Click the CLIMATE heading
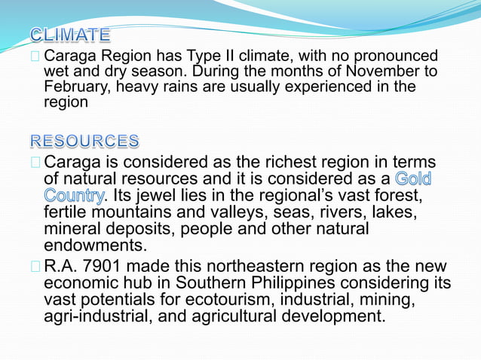tap(71, 35)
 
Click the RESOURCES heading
tap(84, 141)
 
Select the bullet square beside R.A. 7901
tap(36, 267)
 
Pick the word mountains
tap(132, 213)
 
